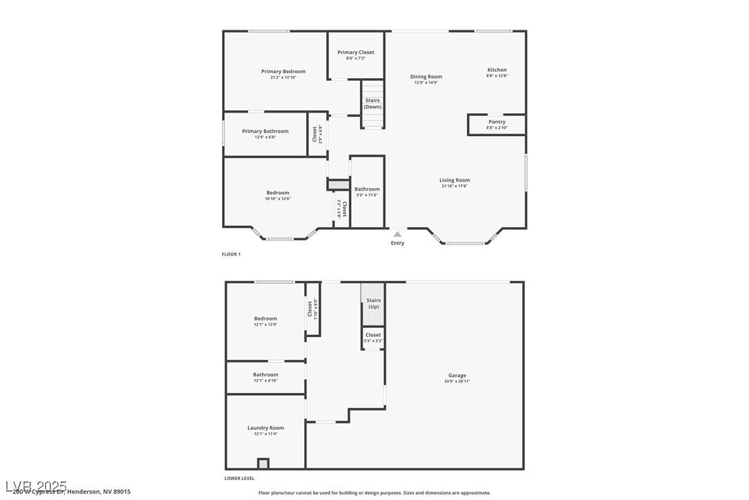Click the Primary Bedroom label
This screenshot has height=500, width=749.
[283, 71]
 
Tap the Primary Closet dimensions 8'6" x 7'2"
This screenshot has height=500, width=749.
[356, 58]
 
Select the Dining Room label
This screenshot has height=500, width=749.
[426, 77]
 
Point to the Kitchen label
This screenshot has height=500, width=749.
[497, 70]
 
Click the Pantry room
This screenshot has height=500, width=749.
[497, 124]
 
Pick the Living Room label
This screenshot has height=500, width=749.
[455, 180]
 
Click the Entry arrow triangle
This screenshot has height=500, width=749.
[397, 234]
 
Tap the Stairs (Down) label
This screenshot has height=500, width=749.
[372, 104]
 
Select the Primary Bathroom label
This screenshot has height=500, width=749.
[265, 131]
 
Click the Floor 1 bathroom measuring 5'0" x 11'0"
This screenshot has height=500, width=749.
[367, 191]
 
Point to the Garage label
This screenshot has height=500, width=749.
[457, 375]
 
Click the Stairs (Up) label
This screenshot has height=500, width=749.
[373, 303]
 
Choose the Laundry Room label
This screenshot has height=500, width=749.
[266, 427]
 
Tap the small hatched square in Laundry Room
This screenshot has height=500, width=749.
[263, 463]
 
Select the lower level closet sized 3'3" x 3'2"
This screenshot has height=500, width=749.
[373, 337]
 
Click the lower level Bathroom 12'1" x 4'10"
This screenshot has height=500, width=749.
[266, 377]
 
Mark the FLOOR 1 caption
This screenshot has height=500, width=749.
[231, 254]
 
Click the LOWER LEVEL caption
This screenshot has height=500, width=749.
[239, 478]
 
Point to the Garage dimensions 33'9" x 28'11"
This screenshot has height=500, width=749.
[457, 381]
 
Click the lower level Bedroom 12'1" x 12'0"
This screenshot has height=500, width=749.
[266, 321]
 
